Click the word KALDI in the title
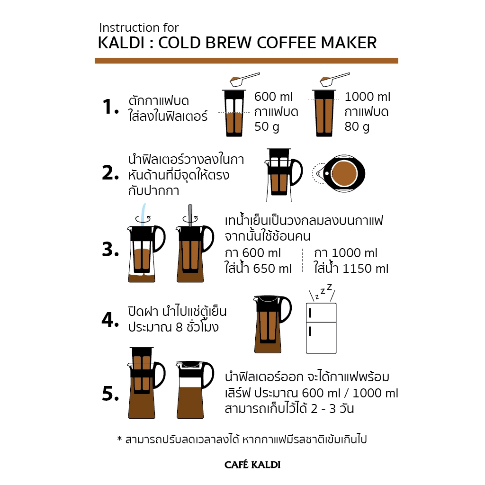coord(121,43)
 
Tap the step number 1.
coord(110,107)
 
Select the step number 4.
coord(110,320)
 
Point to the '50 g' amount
coord(267,127)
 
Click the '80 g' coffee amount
coord(357,127)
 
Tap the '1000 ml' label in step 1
coord(368,97)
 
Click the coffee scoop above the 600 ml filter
coord(244,80)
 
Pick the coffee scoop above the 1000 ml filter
coord(335,80)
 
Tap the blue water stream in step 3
coord(143,214)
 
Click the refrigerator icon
coord(321,328)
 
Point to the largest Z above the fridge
coord(330,287)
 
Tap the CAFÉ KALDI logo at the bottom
coord(252,465)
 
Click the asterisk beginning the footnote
coord(119,439)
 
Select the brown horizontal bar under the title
coord(246,61)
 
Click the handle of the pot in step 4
coord(286,309)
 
